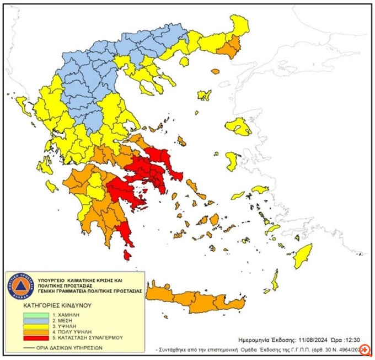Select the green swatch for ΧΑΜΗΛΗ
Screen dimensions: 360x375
(x=31, y=315)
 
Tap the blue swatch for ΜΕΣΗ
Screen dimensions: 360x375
(x=31, y=321)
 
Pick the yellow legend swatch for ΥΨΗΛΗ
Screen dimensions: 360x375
(x=31, y=327)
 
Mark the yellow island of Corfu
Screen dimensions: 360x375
(x=23, y=105)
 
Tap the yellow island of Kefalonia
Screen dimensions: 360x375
(x=51, y=186)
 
